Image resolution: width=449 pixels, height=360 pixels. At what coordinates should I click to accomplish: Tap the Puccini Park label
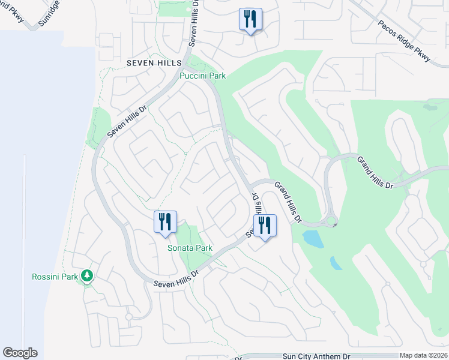tap(203, 76)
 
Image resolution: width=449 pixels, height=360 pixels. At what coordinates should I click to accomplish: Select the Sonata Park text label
tap(190, 248)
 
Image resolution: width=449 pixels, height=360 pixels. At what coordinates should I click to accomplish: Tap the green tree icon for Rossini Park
tap(88, 275)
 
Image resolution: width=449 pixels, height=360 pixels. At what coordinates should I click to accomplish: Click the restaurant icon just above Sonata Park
tap(165, 221)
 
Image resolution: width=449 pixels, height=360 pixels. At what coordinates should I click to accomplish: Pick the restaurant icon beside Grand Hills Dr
tap(265, 225)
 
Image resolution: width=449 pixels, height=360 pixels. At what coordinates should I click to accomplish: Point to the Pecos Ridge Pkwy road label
tap(405, 41)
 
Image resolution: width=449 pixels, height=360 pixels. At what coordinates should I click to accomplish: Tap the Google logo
tap(20, 353)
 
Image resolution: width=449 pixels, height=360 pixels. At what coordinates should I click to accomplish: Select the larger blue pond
tap(313, 239)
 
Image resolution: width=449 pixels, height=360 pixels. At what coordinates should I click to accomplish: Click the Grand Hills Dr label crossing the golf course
tap(375, 172)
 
